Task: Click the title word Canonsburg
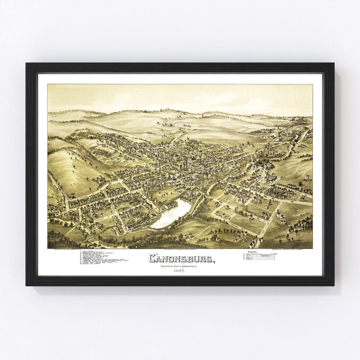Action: click(x=180, y=258)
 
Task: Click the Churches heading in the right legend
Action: click(x=253, y=252)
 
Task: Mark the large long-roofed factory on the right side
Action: click(x=265, y=164)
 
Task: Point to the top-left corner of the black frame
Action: click(x=26, y=64)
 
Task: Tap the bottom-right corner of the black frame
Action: click(x=334, y=285)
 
